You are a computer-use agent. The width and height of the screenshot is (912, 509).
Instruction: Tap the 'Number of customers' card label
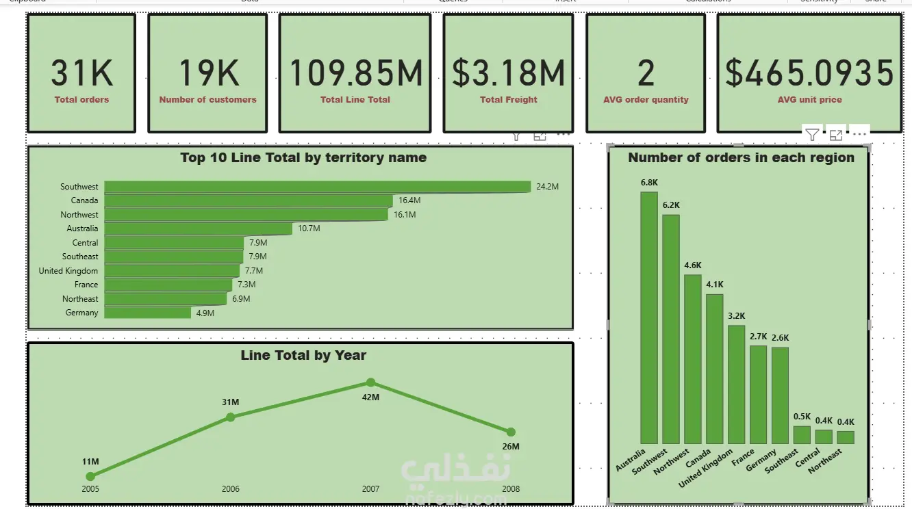[x=207, y=100]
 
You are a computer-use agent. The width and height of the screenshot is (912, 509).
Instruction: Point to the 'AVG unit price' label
[x=809, y=100]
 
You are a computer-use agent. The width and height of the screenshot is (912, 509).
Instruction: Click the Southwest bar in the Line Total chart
[x=317, y=187]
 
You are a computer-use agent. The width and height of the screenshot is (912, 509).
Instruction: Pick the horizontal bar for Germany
[x=147, y=313]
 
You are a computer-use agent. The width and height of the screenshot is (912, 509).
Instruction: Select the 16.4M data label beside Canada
[x=409, y=200]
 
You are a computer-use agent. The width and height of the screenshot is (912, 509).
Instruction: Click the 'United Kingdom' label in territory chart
[x=68, y=271]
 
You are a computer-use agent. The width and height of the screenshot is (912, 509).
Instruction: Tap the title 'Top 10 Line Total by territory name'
[x=303, y=158]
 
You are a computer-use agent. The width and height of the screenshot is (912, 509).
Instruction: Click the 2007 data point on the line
[x=370, y=382]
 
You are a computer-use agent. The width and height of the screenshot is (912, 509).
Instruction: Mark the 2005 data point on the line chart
[x=90, y=476]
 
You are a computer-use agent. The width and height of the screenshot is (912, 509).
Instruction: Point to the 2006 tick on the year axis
[x=231, y=489]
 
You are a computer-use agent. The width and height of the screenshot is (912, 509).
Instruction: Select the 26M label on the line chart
[x=511, y=447]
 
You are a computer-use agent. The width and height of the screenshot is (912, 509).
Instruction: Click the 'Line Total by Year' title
[x=303, y=356]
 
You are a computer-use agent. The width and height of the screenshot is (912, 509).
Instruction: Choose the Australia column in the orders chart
[x=649, y=317]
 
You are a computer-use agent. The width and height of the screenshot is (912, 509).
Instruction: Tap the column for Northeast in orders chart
[x=846, y=437]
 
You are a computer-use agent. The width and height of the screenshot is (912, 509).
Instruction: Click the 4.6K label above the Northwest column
[x=692, y=265]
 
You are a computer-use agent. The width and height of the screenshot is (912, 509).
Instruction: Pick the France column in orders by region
[x=758, y=395]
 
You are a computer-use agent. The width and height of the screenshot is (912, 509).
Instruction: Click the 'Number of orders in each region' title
[x=741, y=158]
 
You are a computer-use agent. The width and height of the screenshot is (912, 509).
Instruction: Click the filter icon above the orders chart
[x=811, y=135]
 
